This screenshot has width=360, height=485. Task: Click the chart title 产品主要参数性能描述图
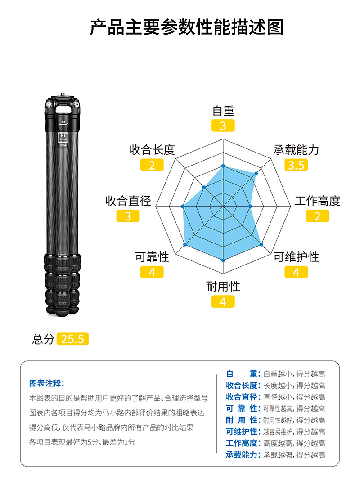pyautogui.click(x=186, y=27)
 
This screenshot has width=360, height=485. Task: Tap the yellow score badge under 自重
pyautogui.click(x=223, y=126)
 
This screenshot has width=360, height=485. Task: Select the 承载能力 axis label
pyautogui.click(x=296, y=150)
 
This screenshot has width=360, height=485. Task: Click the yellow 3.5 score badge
pyautogui.click(x=296, y=165)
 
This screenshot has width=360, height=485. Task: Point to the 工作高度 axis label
pyautogui.click(x=317, y=201)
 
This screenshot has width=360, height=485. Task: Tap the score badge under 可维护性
pyautogui.click(x=296, y=272)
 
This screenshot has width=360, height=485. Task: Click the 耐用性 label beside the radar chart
pyautogui.click(x=223, y=287)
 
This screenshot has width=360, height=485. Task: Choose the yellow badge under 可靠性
pyautogui.click(x=152, y=272)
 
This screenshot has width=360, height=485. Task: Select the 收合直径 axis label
pyautogui.click(x=128, y=201)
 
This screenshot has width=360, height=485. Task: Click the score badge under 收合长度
pyautogui.click(x=152, y=165)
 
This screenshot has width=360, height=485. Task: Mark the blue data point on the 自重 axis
pyautogui.click(x=223, y=166)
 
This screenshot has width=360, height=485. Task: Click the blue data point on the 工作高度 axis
pyautogui.click(x=250, y=207)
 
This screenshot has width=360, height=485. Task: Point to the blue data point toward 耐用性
pyautogui.click(x=223, y=260)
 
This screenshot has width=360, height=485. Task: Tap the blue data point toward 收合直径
pyautogui.click(x=182, y=207)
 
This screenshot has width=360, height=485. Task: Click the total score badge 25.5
pyautogui.click(x=73, y=339)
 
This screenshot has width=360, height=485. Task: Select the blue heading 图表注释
pyautogui.click(x=46, y=383)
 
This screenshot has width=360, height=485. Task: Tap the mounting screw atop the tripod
pyautogui.click(x=63, y=94)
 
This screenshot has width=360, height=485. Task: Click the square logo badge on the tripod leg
pyautogui.click(x=63, y=137)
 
